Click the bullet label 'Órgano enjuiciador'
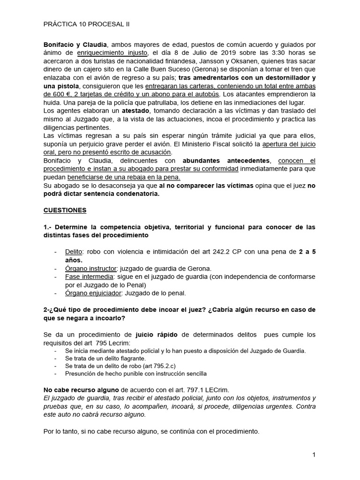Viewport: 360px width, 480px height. pos(94,293)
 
